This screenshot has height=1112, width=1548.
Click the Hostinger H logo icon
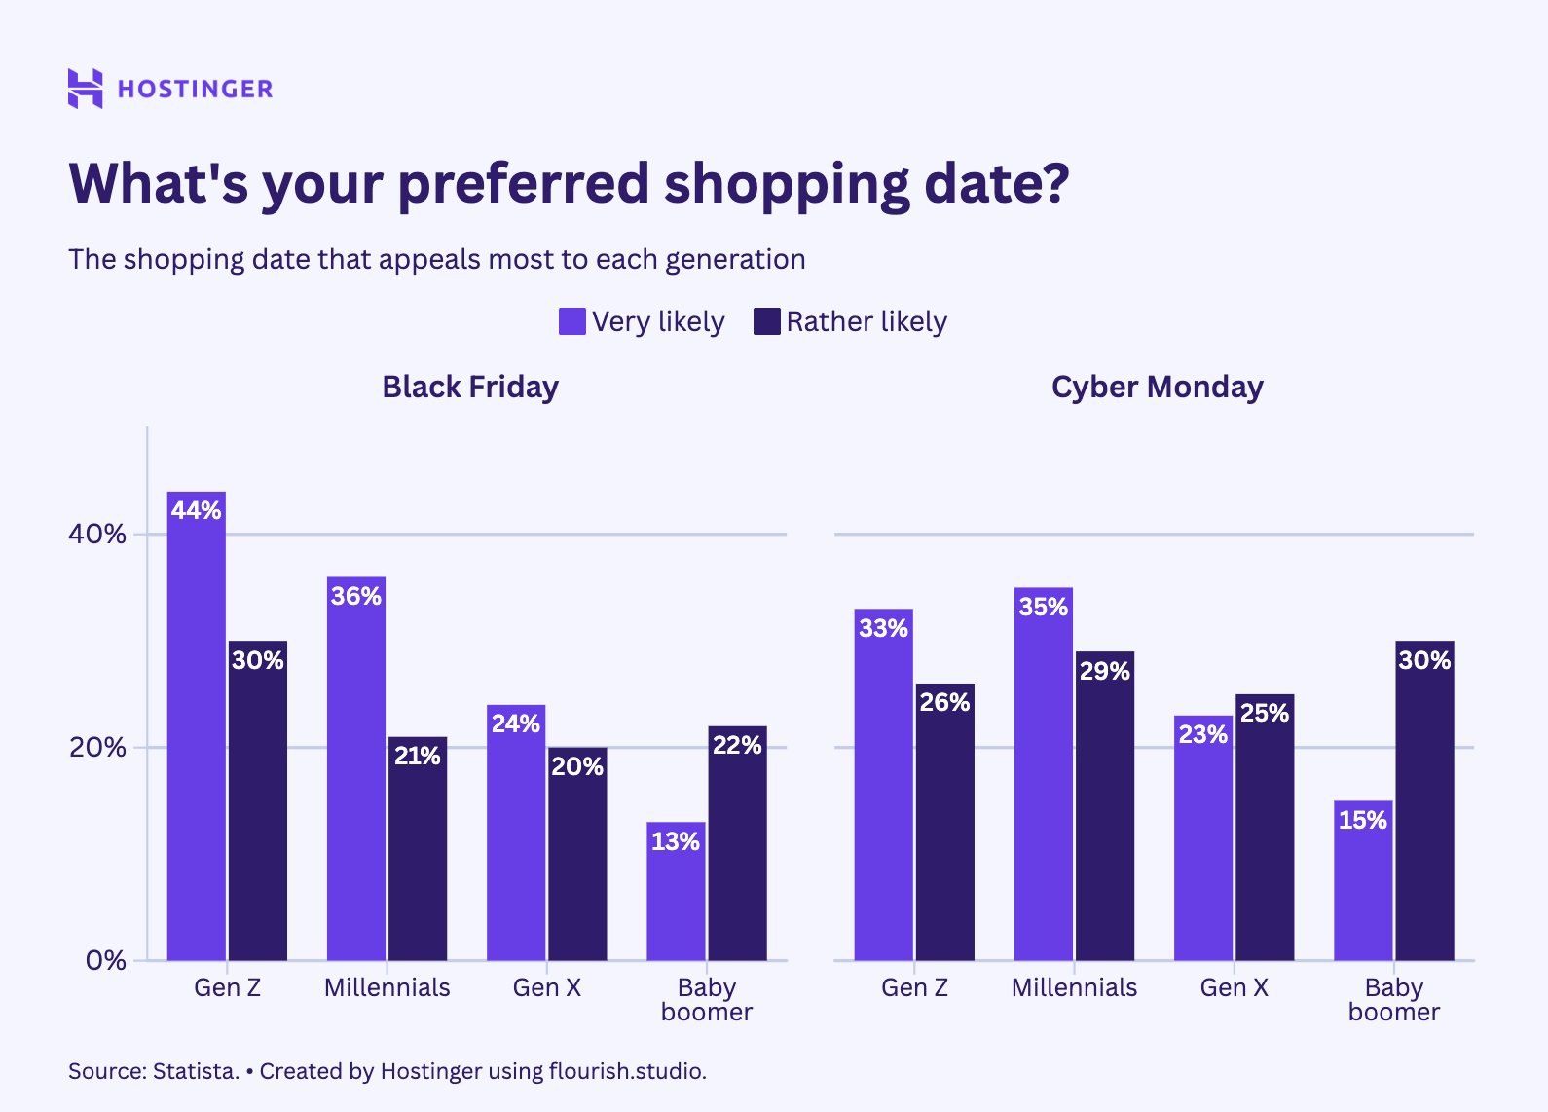pyautogui.click(x=85, y=89)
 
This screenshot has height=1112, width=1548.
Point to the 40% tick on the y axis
pyautogui.click(x=97, y=534)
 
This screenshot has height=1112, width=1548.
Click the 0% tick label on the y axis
pyautogui.click(x=105, y=960)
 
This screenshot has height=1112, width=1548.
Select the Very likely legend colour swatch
pyautogui.click(x=572, y=321)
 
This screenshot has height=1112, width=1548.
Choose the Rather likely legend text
pyautogui.click(x=866, y=321)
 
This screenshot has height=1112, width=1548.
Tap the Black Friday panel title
pyautogui.click(x=470, y=387)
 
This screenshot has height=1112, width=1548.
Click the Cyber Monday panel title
pyautogui.click(x=1157, y=387)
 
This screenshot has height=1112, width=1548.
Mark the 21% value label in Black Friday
pyautogui.click(x=418, y=756)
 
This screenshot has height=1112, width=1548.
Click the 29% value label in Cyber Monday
pyautogui.click(x=1105, y=671)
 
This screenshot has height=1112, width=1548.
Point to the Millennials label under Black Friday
pyautogui.click(x=387, y=987)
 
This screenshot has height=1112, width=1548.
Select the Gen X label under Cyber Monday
pyautogui.click(x=1234, y=987)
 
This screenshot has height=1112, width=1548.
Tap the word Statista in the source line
pyautogui.click(x=195, y=1071)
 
